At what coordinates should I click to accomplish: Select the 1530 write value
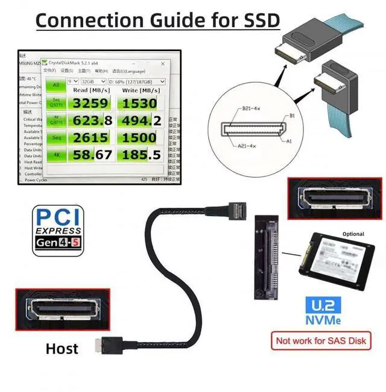(139, 103)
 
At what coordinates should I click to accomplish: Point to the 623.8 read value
(92, 120)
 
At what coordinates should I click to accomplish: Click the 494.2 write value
(139, 120)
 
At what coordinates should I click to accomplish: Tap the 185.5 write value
(139, 155)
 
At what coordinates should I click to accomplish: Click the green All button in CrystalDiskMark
(55, 86)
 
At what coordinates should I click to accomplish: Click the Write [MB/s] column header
(140, 90)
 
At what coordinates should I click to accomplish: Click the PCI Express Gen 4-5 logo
(57, 231)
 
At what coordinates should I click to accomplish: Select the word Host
(62, 348)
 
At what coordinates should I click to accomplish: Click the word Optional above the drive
(353, 234)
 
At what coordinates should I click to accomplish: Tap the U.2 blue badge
(322, 305)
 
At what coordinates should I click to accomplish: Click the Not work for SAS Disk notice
(321, 341)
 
